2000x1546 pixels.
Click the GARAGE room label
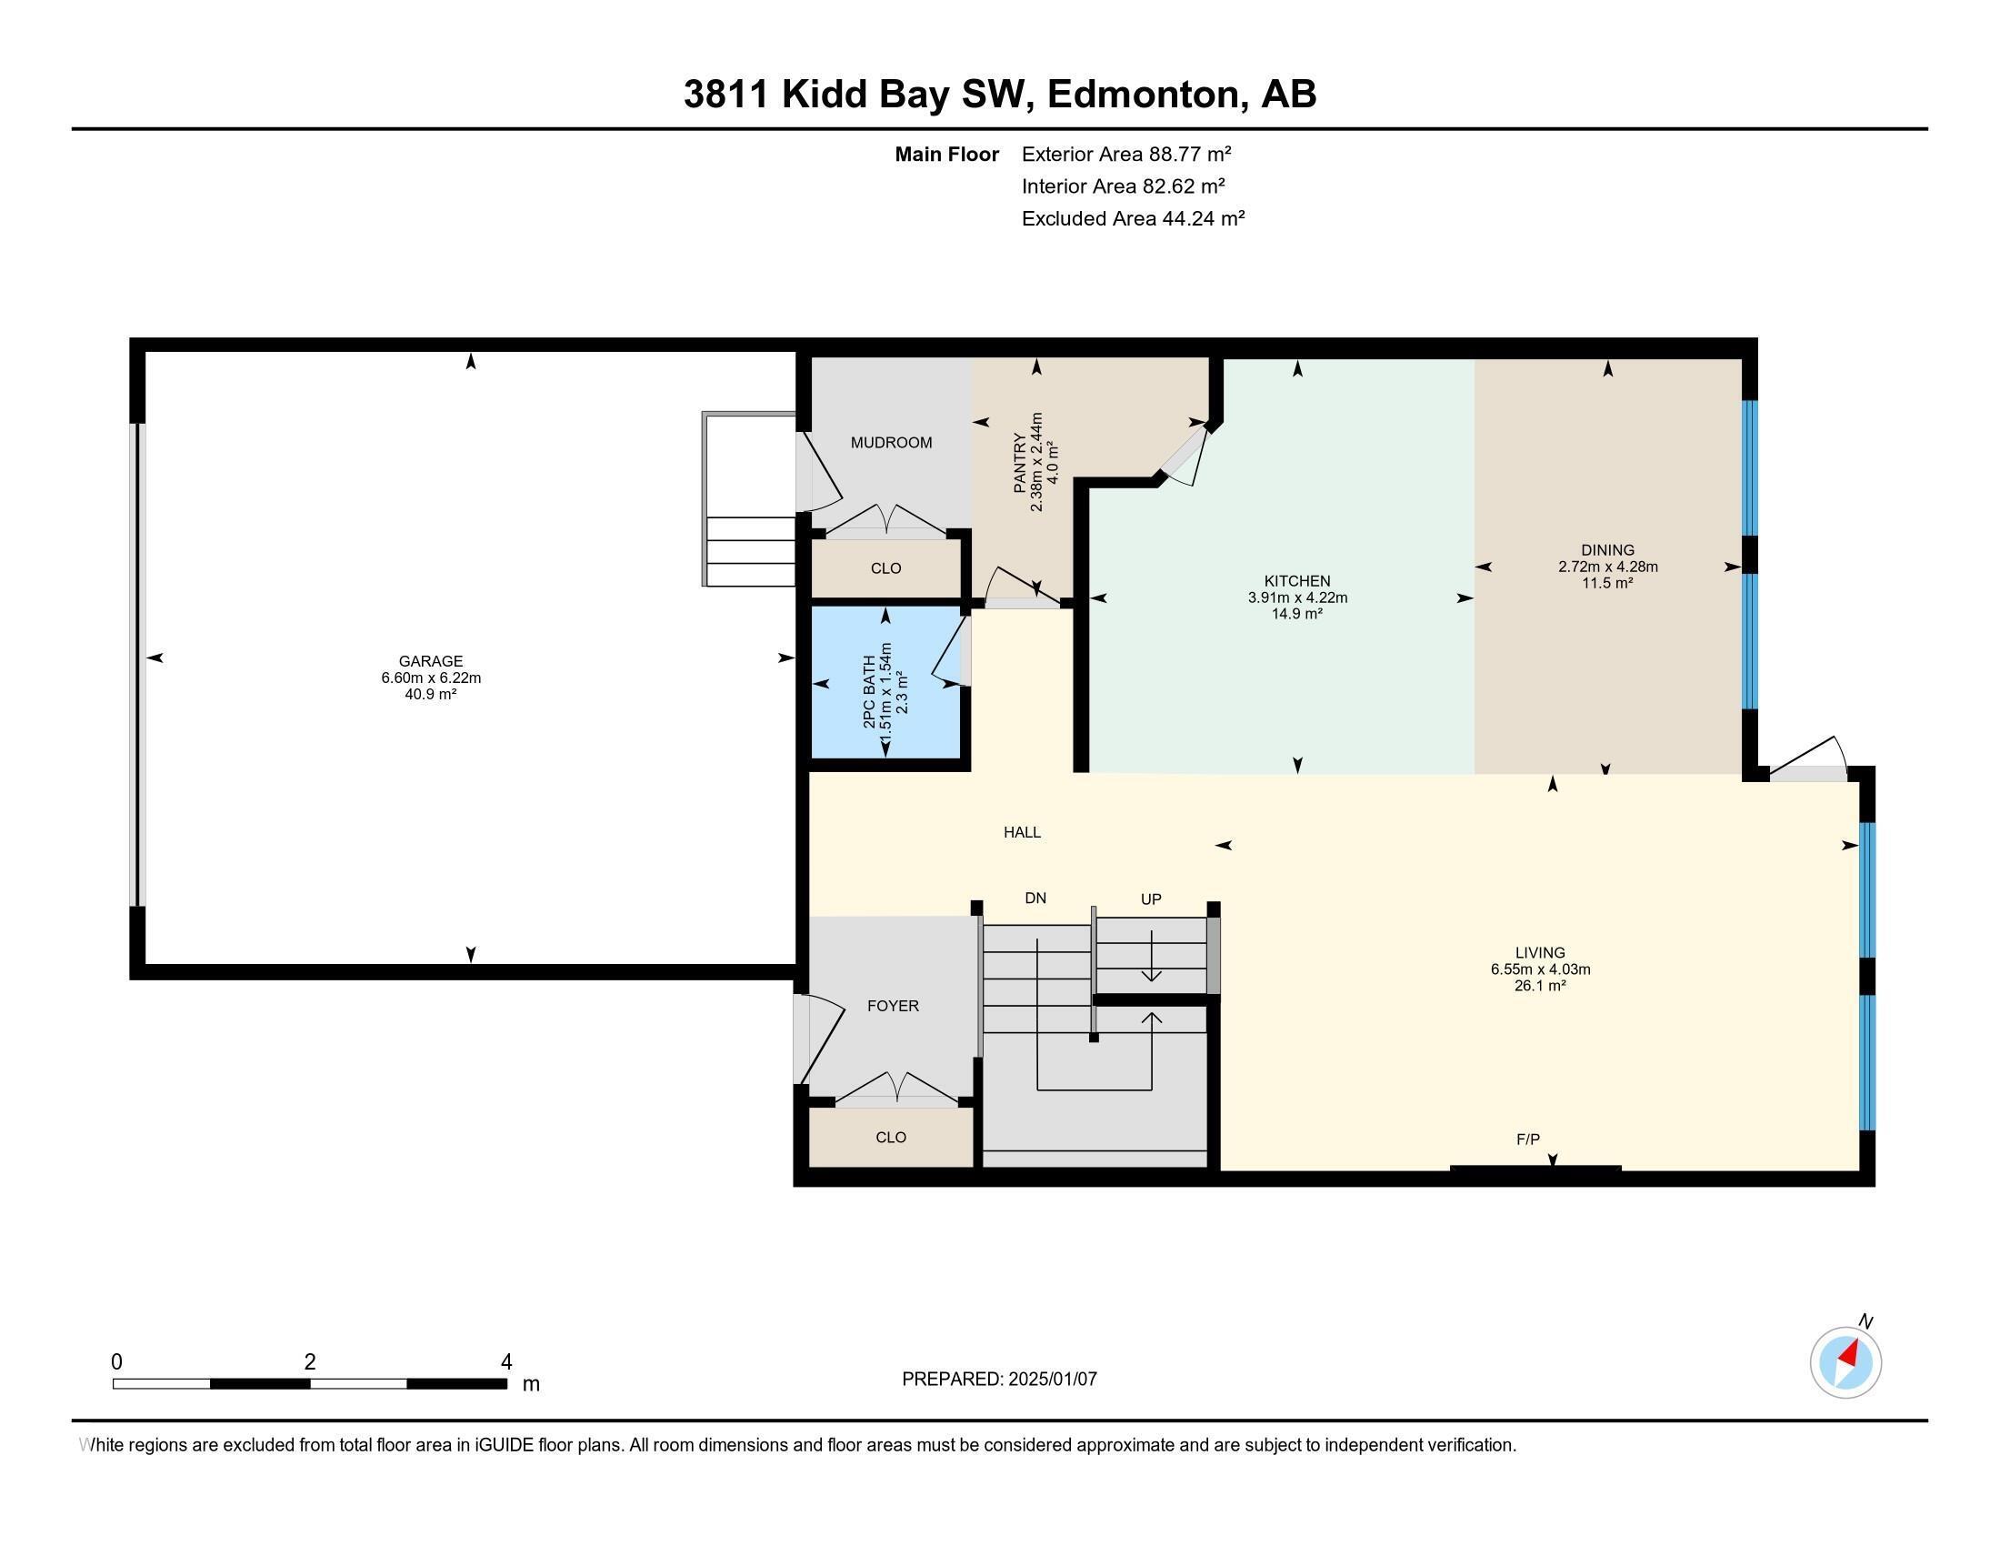pyautogui.click(x=430, y=660)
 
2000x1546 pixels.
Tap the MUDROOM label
pyautogui.click(x=891, y=442)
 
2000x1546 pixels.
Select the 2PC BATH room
pyautogui.click(x=885, y=683)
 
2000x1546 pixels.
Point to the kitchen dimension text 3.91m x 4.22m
pyautogui.click(x=1296, y=598)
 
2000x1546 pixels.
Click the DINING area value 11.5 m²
pyautogui.click(x=1607, y=583)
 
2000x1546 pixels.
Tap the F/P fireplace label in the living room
pyautogui.click(x=1527, y=1139)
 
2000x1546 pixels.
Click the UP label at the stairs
pyautogui.click(x=1150, y=899)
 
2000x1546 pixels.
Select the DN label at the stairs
pyautogui.click(x=1035, y=898)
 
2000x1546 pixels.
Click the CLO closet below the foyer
pyautogui.click(x=890, y=1137)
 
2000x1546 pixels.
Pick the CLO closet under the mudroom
pyautogui.click(x=885, y=567)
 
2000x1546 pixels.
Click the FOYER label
pyautogui.click(x=893, y=1006)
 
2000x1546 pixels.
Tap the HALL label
pyautogui.click(x=1022, y=832)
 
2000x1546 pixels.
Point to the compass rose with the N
pyautogui.click(x=1845, y=1362)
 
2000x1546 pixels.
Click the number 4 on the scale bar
pyautogui.click(x=505, y=1362)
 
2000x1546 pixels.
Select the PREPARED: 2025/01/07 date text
pyautogui.click(x=999, y=1379)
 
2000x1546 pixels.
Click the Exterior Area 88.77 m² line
pyautogui.click(x=1125, y=154)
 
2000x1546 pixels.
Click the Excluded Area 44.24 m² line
pyautogui.click(x=1133, y=218)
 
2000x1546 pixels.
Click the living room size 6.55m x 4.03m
pyautogui.click(x=1539, y=969)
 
